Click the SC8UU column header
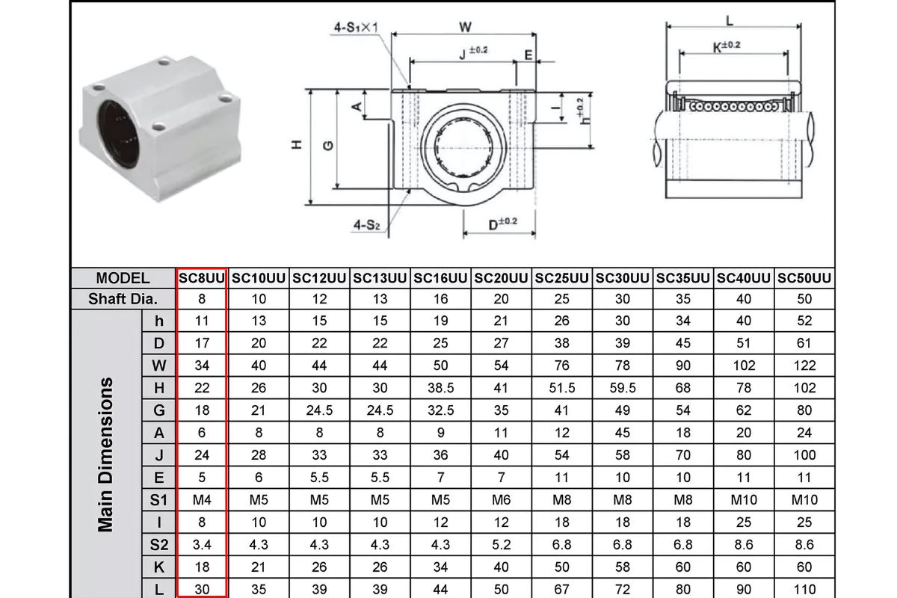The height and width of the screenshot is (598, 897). tap(202, 278)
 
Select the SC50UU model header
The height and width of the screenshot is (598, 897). tap(804, 278)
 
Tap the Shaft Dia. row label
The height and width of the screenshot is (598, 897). tap(123, 299)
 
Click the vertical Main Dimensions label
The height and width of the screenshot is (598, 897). tap(106, 454)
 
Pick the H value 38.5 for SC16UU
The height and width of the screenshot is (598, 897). tap(441, 388)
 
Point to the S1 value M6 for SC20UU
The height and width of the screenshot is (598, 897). tap(502, 499)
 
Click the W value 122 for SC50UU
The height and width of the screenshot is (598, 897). tap(804, 366)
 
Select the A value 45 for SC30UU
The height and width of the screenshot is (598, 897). tap(623, 432)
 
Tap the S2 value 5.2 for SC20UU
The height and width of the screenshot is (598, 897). tap(502, 544)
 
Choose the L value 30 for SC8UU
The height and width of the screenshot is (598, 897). tap(202, 589)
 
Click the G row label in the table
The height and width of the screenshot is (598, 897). tap(158, 410)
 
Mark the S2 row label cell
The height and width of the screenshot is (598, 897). tap(158, 544)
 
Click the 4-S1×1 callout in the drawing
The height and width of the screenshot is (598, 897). tap(357, 28)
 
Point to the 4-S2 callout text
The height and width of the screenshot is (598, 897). tap(367, 224)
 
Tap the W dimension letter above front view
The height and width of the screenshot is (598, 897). tap(465, 27)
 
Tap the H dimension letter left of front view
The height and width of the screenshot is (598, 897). tap(297, 146)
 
